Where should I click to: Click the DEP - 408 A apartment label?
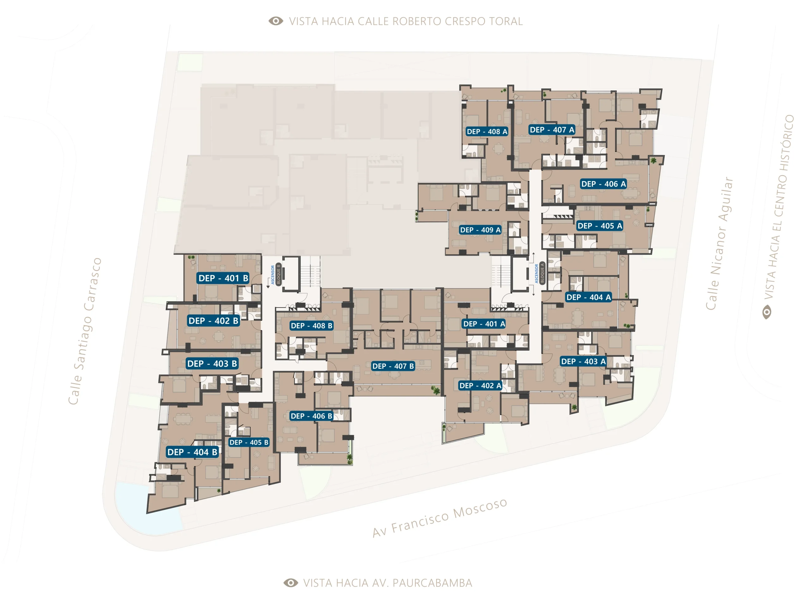tap(487, 132)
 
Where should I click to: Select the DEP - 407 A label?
tap(552, 130)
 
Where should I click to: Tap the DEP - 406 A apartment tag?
tap(604, 184)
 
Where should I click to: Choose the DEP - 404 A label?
tap(588, 297)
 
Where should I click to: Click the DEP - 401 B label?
tap(223, 278)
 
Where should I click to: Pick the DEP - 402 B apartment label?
tap(213, 321)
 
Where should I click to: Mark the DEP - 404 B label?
tap(192, 452)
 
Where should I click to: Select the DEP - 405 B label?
tap(249, 442)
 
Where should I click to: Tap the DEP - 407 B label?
tap(393, 366)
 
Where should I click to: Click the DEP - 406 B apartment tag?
tap(311, 416)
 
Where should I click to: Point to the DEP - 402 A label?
tap(480, 386)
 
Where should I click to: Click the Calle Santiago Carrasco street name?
tap(85, 331)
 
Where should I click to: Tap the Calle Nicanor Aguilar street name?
tap(719, 244)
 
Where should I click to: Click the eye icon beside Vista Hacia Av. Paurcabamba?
tap(291, 583)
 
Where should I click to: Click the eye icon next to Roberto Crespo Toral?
tap(276, 21)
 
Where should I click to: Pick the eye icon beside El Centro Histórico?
tap(767, 312)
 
